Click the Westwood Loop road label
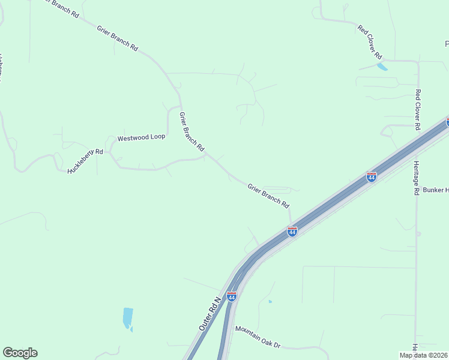click(x=141, y=137)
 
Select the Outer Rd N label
click(x=210, y=312)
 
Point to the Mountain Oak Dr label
click(x=258, y=337)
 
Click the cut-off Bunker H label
click(x=436, y=190)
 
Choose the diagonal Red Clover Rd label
click(x=370, y=41)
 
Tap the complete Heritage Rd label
click(x=416, y=178)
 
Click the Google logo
click(x=20, y=353)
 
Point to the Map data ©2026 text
click(x=423, y=355)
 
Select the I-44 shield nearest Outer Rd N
click(x=232, y=296)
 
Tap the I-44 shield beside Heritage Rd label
click(x=372, y=177)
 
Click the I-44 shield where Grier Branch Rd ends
click(x=292, y=231)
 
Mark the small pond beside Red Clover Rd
click(x=382, y=67)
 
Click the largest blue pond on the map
click(x=127, y=317)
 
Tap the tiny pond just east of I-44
click(x=270, y=301)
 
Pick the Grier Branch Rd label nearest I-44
click(x=268, y=196)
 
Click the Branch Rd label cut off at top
click(x=59, y=7)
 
